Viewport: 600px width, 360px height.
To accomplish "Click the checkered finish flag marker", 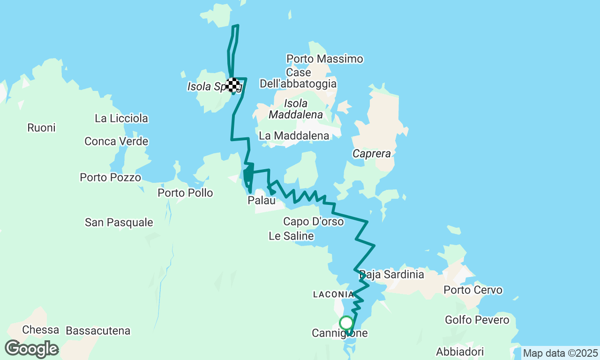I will click(x=233, y=85).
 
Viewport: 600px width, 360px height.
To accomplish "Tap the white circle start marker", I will click(x=346, y=323).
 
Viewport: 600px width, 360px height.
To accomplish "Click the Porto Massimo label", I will click(x=325, y=59).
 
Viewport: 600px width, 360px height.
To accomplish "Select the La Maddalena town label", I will click(x=294, y=135).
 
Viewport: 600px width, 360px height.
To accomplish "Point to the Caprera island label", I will click(x=372, y=154).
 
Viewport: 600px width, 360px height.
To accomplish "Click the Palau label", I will click(x=261, y=201).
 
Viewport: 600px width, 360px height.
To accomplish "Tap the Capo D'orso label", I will click(x=313, y=221).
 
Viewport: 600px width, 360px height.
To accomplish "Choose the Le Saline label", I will click(x=291, y=236).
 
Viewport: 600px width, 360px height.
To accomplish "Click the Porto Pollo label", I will click(x=185, y=193).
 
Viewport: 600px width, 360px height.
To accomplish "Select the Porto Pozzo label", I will click(x=110, y=178).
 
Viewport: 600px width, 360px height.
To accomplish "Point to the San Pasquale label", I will click(x=119, y=222).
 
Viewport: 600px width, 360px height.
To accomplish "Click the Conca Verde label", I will click(x=116, y=141).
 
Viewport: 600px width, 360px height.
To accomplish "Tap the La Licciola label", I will click(x=121, y=119).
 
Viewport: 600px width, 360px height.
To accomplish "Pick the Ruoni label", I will click(x=41, y=127).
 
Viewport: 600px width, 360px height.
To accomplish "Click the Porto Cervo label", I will click(x=473, y=290).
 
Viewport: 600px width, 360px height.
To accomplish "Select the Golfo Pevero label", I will click(x=477, y=320).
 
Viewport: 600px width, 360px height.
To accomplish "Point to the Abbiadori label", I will click(x=459, y=352).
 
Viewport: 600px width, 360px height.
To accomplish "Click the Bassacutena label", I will click(x=98, y=331).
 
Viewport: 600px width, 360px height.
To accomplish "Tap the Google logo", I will click(x=31, y=349).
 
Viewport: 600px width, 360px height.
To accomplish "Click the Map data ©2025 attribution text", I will click(x=560, y=353).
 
